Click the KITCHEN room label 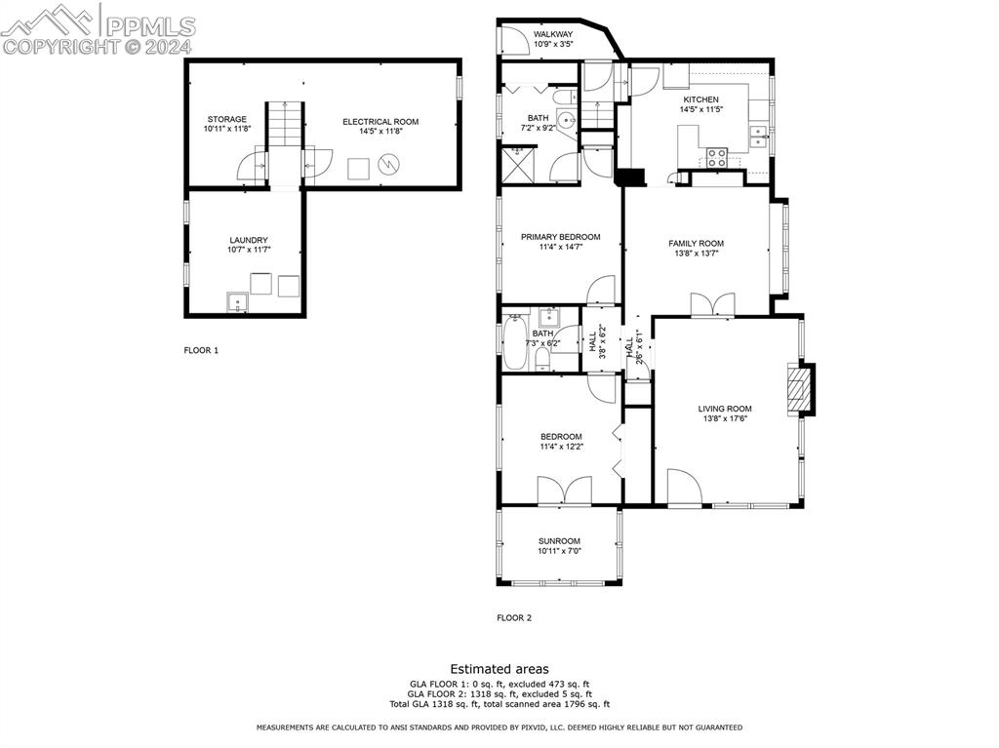[700, 99]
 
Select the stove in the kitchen [717, 157]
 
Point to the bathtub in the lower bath [515, 342]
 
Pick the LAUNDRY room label [249, 240]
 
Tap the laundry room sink [238, 301]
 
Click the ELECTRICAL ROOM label [380, 122]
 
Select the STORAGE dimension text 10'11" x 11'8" [227, 129]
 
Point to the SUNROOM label [559, 541]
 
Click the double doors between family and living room [712, 304]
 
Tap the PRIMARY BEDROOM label [561, 237]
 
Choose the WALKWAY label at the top [553, 34]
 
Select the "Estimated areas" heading [499, 669]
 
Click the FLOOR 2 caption [514, 618]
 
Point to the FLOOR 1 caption [201, 350]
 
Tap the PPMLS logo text [149, 26]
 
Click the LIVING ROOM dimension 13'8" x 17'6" [725, 418]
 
